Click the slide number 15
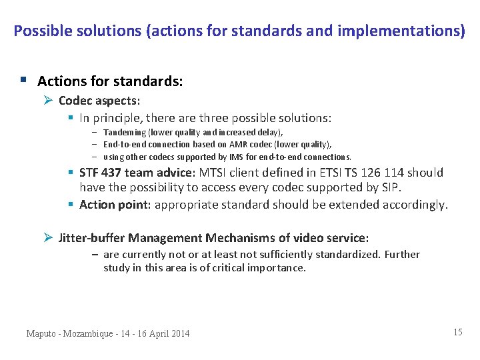click(457, 332)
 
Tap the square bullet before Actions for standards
click(23, 81)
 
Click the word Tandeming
click(125, 133)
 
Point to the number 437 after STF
click(111, 173)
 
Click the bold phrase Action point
click(115, 205)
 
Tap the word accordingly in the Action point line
click(413, 205)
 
